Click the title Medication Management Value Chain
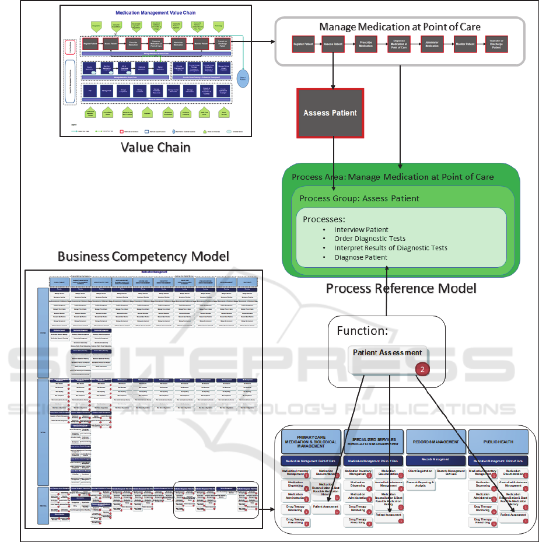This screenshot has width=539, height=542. pos(156,12)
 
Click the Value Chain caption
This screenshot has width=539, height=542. pos(156,146)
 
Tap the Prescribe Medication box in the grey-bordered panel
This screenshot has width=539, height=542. pos(365,44)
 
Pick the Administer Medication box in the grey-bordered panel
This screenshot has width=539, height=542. pos(431,44)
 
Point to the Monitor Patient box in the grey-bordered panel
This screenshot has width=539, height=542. pos(464,44)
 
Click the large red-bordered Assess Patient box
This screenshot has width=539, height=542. pos(330,113)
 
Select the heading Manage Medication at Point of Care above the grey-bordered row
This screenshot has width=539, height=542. pos(400,27)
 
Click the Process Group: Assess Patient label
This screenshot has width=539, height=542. pos(359,198)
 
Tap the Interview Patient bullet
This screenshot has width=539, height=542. pos(361,230)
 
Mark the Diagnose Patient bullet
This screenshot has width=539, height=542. pos(360,257)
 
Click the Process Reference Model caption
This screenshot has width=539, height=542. pos(401,288)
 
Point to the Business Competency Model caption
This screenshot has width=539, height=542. pos(143,257)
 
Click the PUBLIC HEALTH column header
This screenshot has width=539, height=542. pos(498,442)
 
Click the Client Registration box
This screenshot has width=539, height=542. pos(420,470)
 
